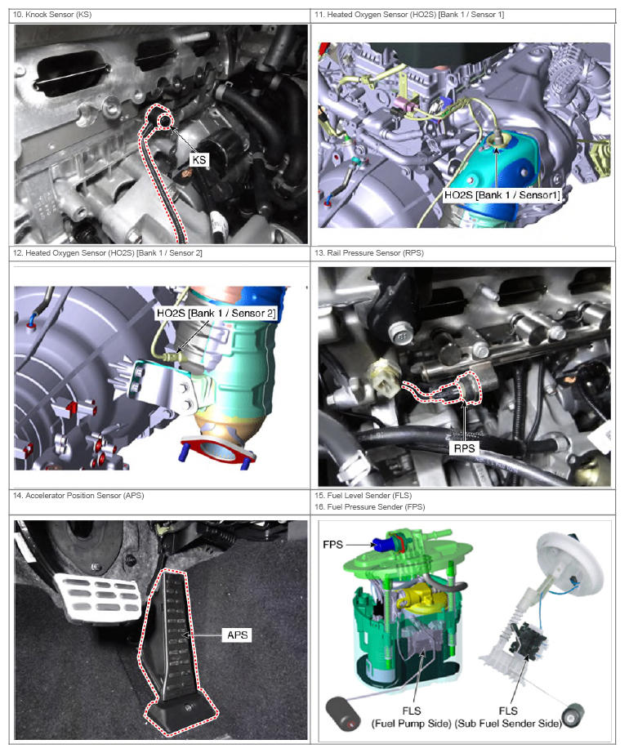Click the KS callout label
tap(199, 159)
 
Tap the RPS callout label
tap(464, 448)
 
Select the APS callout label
tap(237, 635)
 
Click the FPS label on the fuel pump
tap(332, 544)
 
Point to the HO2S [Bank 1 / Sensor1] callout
tap(502, 195)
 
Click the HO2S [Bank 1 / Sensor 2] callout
tap(216, 313)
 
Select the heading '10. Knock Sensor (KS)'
tap(52, 15)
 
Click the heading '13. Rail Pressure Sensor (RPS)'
tap(368, 252)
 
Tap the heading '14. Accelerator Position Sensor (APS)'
tap(78, 495)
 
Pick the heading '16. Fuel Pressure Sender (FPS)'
tap(370, 506)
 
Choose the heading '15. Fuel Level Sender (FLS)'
tap(363, 495)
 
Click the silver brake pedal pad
tap(98, 596)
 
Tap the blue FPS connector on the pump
tap(382, 544)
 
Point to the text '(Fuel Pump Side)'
tap(412, 724)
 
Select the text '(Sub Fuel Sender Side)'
tap(508, 724)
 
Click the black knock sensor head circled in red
tap(164, 121)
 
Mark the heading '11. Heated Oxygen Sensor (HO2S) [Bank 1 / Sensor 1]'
tap(409, 15)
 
